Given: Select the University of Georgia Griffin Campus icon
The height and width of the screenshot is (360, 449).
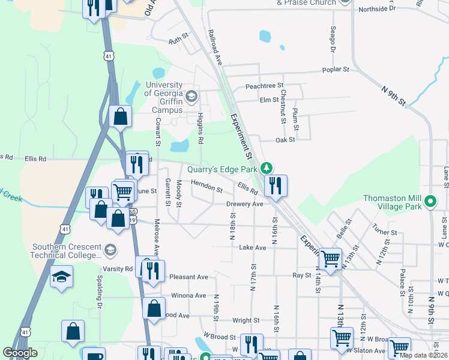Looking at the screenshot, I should [191, 96].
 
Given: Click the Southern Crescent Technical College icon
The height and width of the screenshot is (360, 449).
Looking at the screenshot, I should [110, 249].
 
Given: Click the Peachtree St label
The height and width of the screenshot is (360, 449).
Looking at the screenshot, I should [264, 86].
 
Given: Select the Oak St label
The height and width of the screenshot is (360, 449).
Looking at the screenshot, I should [285, 140].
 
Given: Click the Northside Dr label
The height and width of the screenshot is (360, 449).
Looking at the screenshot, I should [377, 9].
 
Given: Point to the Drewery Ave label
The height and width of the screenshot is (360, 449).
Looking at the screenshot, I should [245, 204].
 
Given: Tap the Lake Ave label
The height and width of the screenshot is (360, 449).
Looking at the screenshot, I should [252, 247].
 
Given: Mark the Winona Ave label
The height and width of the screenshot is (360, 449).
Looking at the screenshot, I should [188, 295].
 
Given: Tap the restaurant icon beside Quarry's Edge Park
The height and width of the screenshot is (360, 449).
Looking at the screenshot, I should [276, 185].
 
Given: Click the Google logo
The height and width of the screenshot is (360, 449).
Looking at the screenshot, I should [20, 353].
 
